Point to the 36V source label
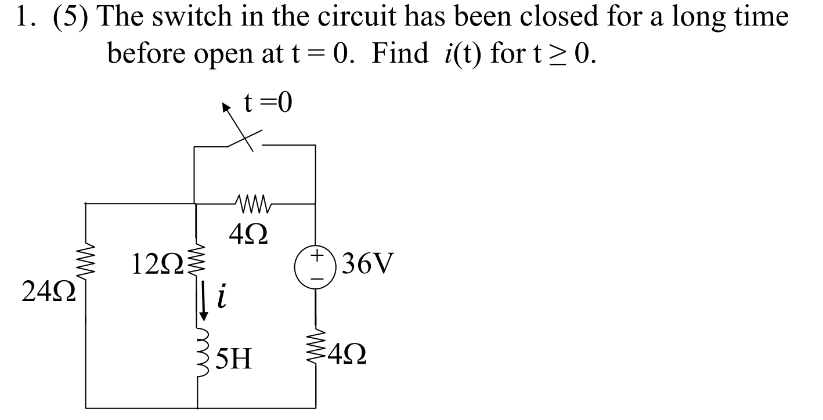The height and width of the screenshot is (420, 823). (368, 265)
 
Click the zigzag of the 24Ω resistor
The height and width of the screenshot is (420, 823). (86, 267)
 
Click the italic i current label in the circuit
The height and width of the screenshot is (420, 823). (221, 298)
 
